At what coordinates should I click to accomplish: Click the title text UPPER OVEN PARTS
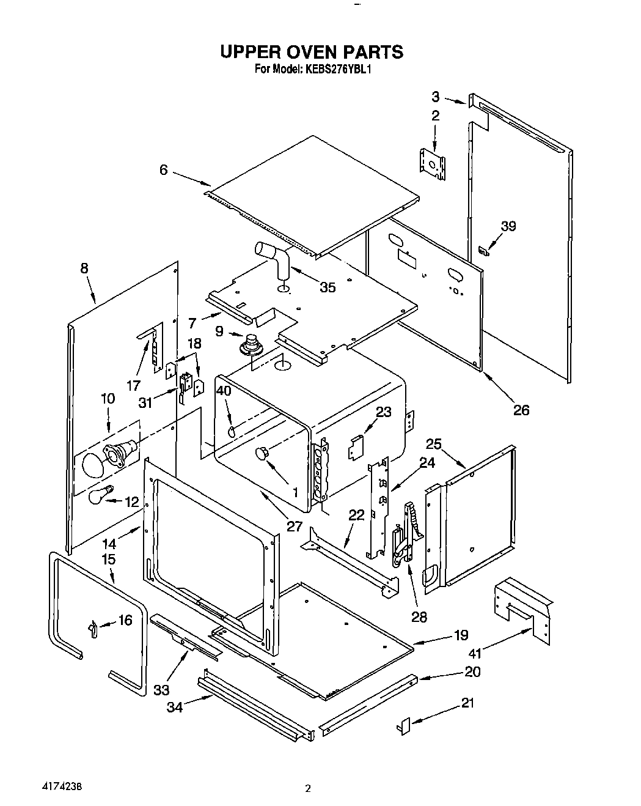click(x=312, y=51)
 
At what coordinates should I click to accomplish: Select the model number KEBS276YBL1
click(x=335, y=69)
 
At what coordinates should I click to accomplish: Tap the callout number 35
click(x=328, y=287)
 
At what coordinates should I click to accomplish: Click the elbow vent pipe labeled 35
click(x=273, y=256)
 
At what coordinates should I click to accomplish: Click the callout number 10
click(x=108, y=399)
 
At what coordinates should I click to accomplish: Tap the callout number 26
click(x=521, y=410)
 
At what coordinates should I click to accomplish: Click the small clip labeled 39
click(x=483, y=250)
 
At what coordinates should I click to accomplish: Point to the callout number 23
click(x=383, y=412)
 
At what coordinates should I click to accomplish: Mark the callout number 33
click(x=161, y=689)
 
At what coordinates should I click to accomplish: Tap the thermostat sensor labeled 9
click(x=251, y=346)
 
